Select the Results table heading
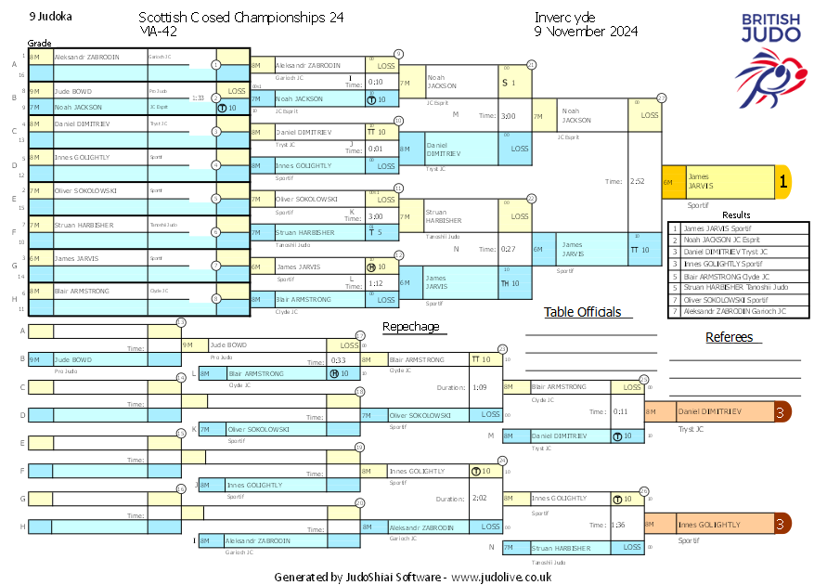tap(736, 214)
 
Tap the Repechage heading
tap(410, 327)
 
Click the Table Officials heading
tap(582, 312)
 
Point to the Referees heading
tap(729, 337)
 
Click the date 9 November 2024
tap(586, 32)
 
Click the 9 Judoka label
tap(51, 16)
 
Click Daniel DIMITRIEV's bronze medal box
tap(717, 411)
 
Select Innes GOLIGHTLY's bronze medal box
tap(717, 525)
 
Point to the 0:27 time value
tap(509, 249)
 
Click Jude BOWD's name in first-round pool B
tap(74, 91)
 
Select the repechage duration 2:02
tap(480, 498)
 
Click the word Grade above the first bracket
tap(40, 43)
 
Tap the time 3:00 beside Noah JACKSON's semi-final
tap(509, 116)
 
